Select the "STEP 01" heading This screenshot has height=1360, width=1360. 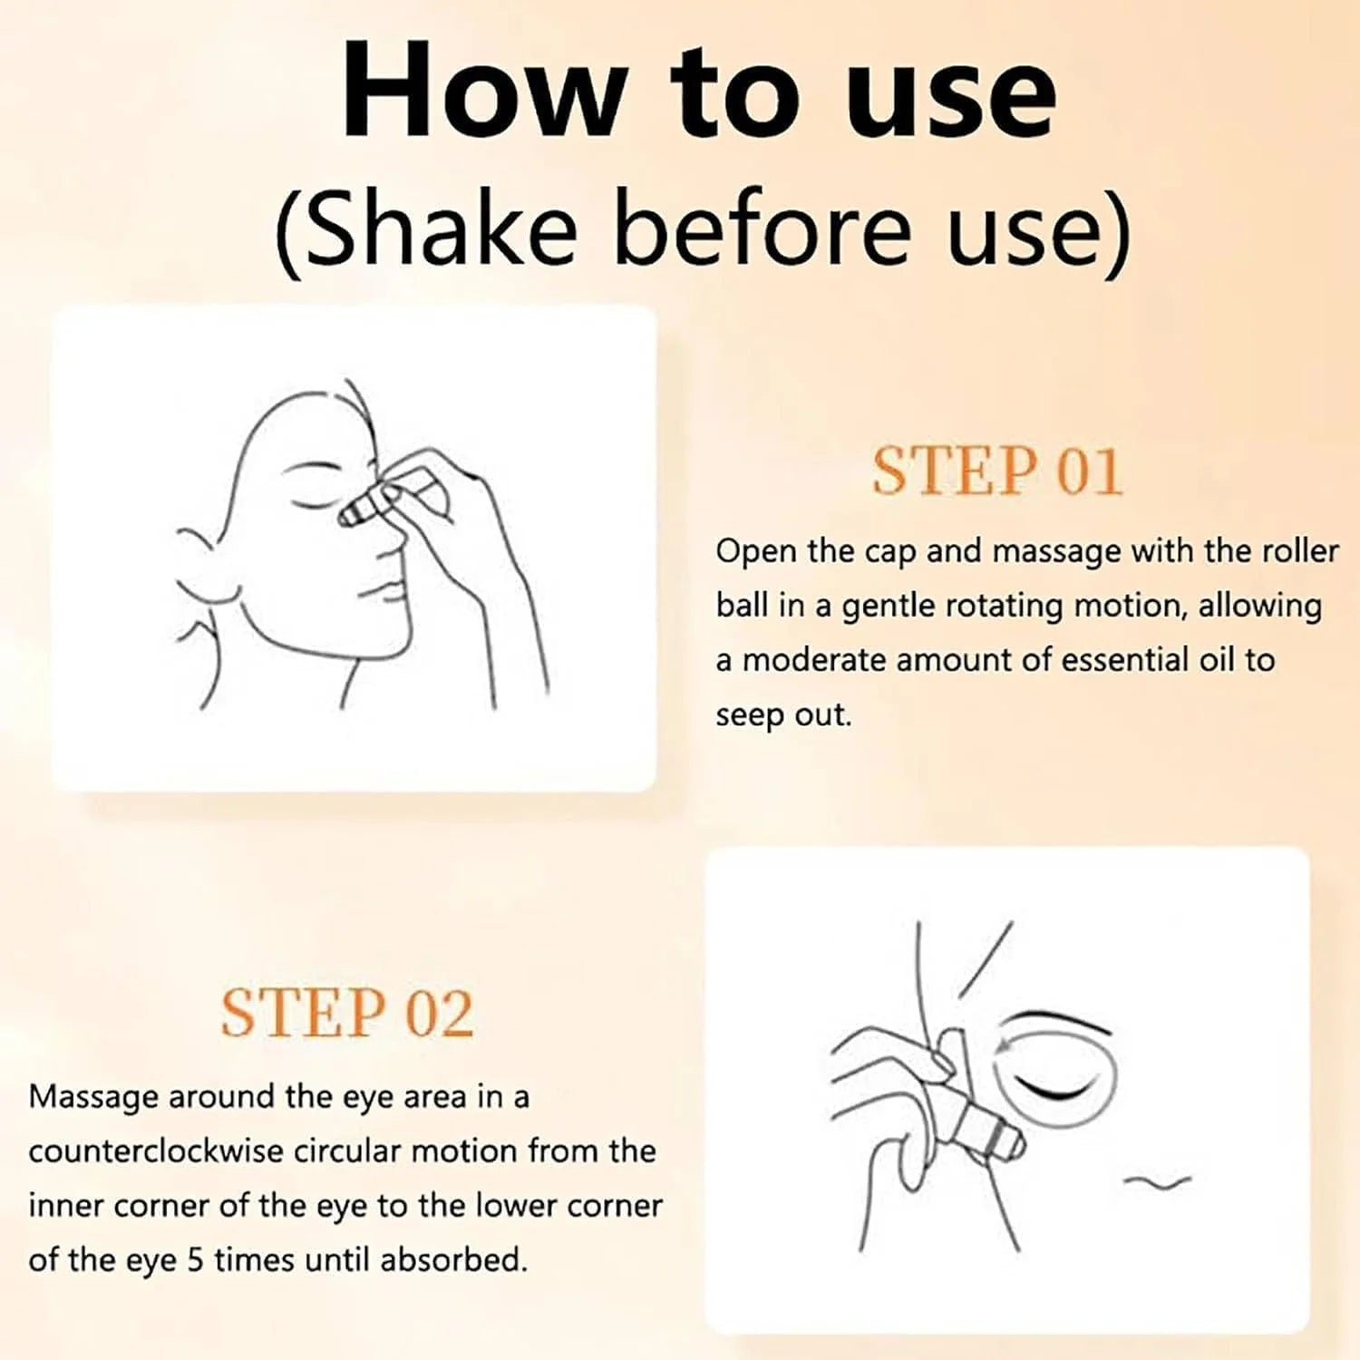coord(996,471)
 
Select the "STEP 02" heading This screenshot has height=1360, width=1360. coord(347,1013)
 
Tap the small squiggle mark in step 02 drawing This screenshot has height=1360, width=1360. coord(1157,1180)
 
